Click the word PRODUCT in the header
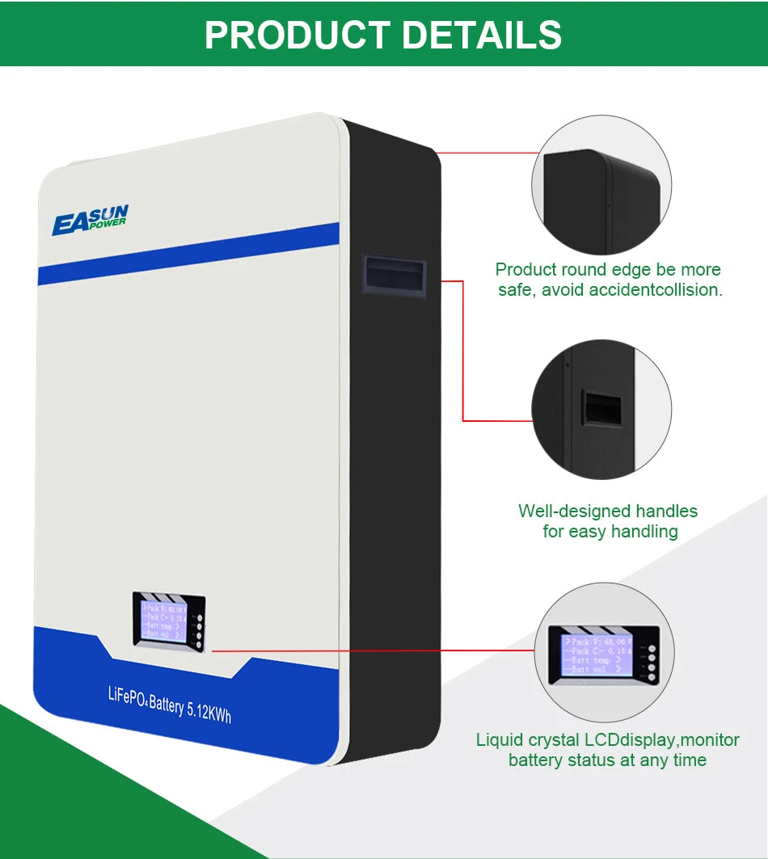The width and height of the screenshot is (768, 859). (x=295, y=35)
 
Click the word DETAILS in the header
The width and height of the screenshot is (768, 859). (x=482, y=35)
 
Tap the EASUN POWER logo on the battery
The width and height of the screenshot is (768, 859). (x=90, y=219)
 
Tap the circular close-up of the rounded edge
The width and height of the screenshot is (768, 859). (x=601, y=185)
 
